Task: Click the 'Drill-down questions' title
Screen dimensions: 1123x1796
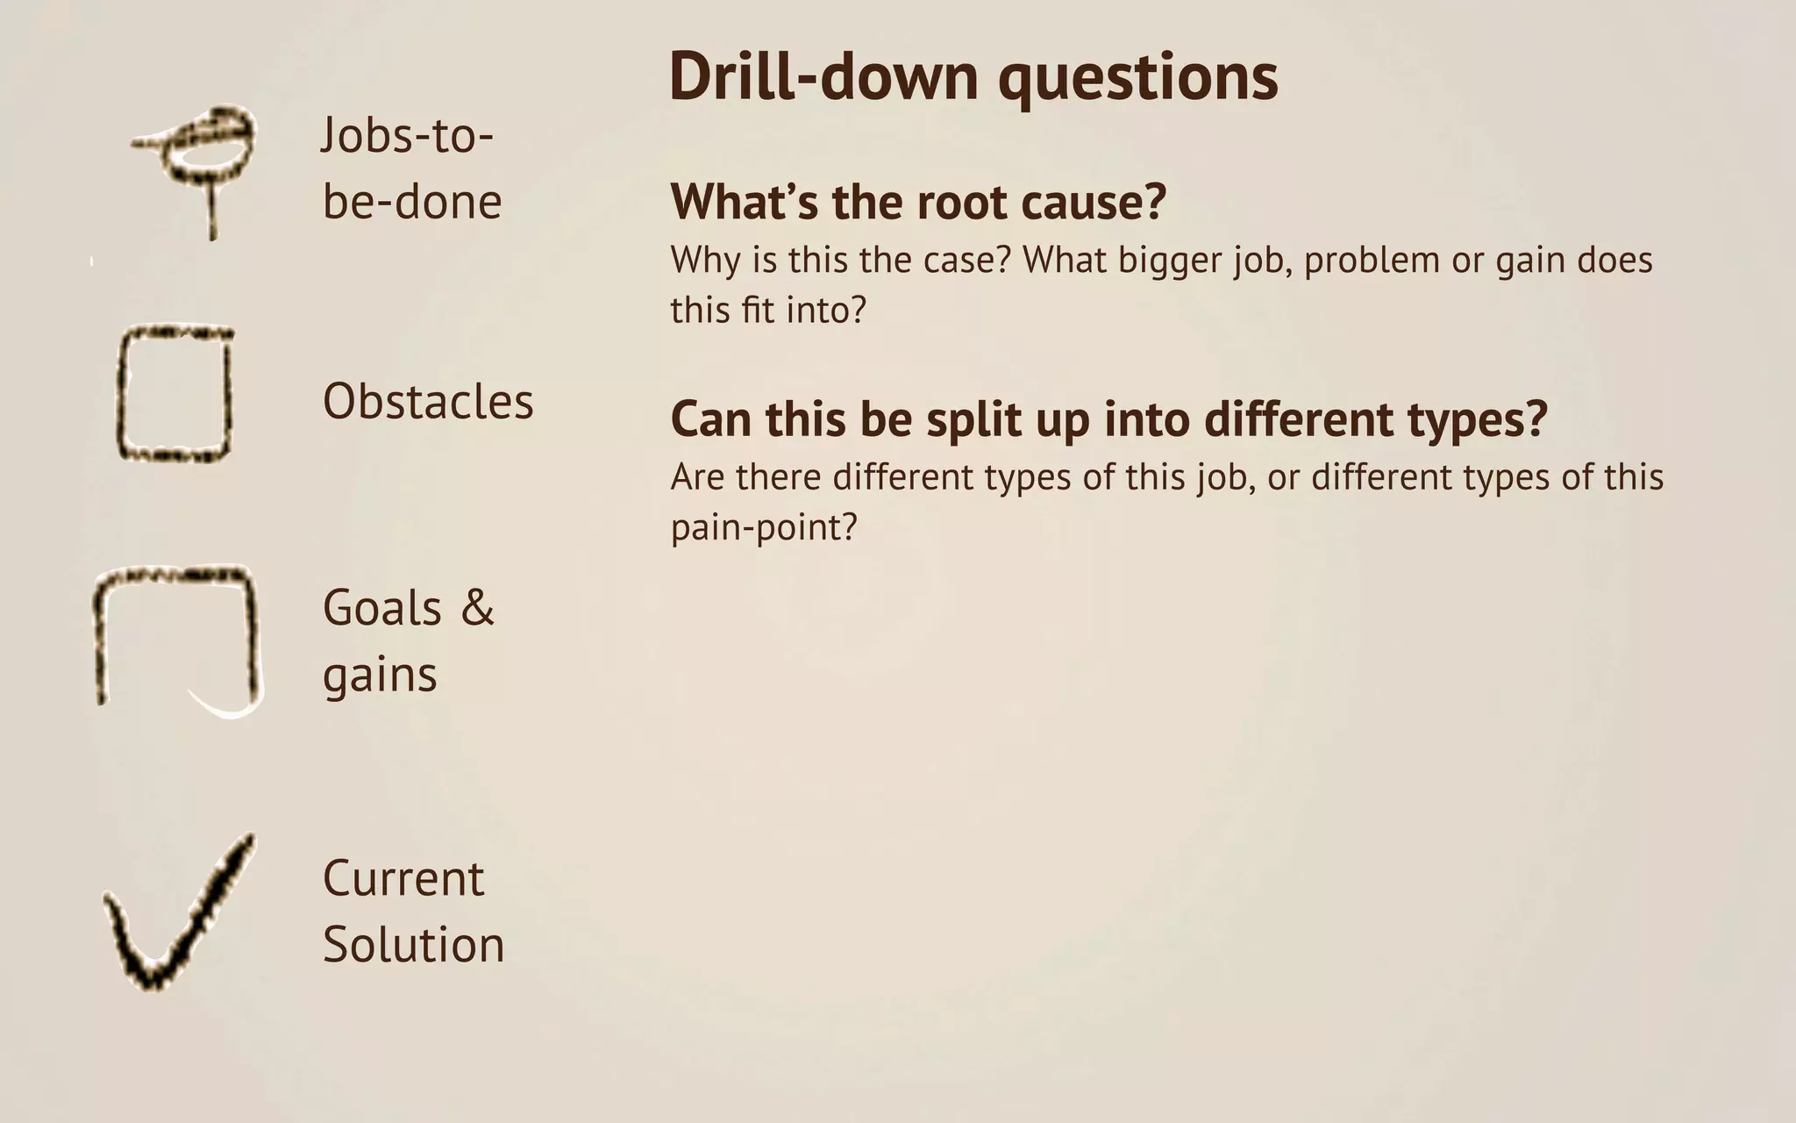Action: (973, 77)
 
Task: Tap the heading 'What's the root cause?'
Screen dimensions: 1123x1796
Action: (918, 202)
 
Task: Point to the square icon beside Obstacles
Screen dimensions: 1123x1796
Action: (175, 395)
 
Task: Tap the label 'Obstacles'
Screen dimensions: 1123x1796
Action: (428, 402)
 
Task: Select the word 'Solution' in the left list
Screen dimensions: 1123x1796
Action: (413, 945)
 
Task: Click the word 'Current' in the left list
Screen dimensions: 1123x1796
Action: (403, 878)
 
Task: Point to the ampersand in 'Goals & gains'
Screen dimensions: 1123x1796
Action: (477, 607)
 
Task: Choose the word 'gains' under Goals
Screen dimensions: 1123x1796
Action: (380, 675)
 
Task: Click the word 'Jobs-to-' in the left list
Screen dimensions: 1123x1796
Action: (407, 136)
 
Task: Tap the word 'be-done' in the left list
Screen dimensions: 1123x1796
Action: (412, 202)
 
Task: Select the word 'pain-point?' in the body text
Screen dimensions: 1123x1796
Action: (763, 527)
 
